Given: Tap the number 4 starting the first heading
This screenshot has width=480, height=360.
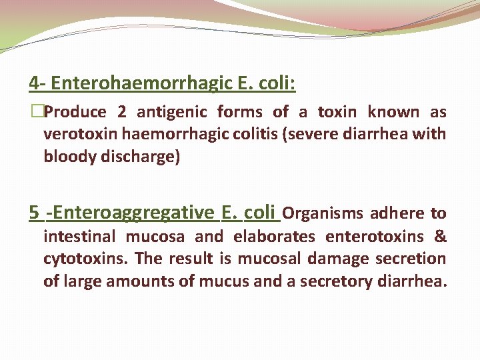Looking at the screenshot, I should tap(34, 83).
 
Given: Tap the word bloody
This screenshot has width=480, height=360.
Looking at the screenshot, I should tap(67, 158).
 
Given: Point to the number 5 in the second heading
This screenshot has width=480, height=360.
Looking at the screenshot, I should tap(34, 213).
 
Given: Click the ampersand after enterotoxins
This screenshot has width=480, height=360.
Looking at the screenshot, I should tap(441, 237).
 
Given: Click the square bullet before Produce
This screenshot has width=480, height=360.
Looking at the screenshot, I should tap(36, 113).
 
